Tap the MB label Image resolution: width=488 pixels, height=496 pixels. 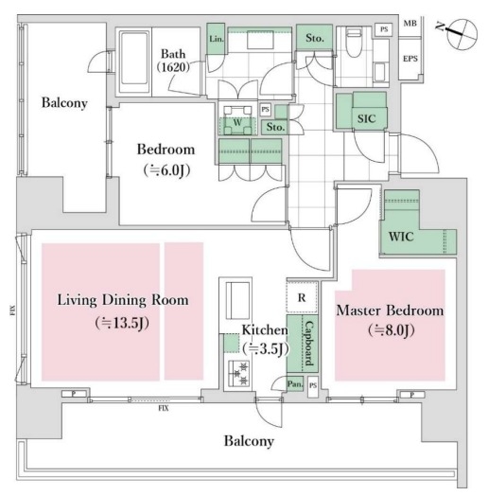click(x=410, y=23)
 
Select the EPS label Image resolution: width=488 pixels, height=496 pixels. click(x=410, y=59)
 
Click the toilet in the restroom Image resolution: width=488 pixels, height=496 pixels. click(x=354, y=42)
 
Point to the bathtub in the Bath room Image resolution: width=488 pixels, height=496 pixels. click(x=134, y=62)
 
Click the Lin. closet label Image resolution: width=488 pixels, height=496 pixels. click(x=217, y=39)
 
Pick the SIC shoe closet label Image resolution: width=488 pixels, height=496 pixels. click(x=366, y=119)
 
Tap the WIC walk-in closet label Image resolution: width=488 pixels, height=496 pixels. click(x=401, y=237)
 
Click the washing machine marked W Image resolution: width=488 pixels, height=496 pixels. click(x=237, y=121)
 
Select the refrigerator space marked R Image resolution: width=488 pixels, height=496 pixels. click(x=302, y=297)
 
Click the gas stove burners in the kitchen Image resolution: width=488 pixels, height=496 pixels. click(x=238, y=372)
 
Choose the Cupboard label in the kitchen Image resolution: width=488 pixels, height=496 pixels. click(x=309, y=343)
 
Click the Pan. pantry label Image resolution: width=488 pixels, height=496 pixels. click(x=295, y=384)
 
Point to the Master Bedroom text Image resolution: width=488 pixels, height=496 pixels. click(x=390, y=310)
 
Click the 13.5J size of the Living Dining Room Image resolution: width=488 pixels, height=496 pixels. click(x=122, y=323)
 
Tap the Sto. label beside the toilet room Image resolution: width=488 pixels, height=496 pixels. click(x=315, y=38)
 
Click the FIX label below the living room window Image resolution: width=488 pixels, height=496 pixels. click(x=164, y=408)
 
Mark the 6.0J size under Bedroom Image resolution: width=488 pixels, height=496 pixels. click(x=166, y=170)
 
